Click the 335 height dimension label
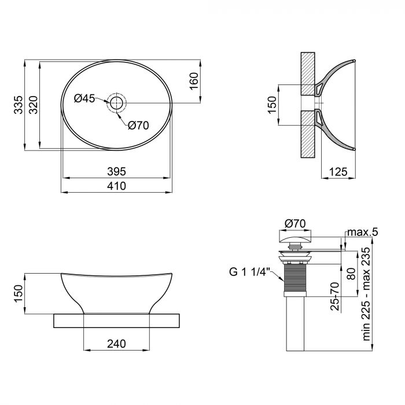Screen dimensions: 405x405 point(19,105)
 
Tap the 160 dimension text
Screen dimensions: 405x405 point(194,80)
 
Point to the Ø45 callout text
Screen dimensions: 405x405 point(85,98)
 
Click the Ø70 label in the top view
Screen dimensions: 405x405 point(138,125)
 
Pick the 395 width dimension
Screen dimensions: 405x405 point(116,171)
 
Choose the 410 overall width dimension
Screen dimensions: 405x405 point(116,186)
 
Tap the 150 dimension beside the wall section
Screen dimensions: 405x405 point(271,105)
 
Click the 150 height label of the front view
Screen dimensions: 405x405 point(19,293)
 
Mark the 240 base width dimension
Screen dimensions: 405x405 point(116,344)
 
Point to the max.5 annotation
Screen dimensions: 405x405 point(362,233)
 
